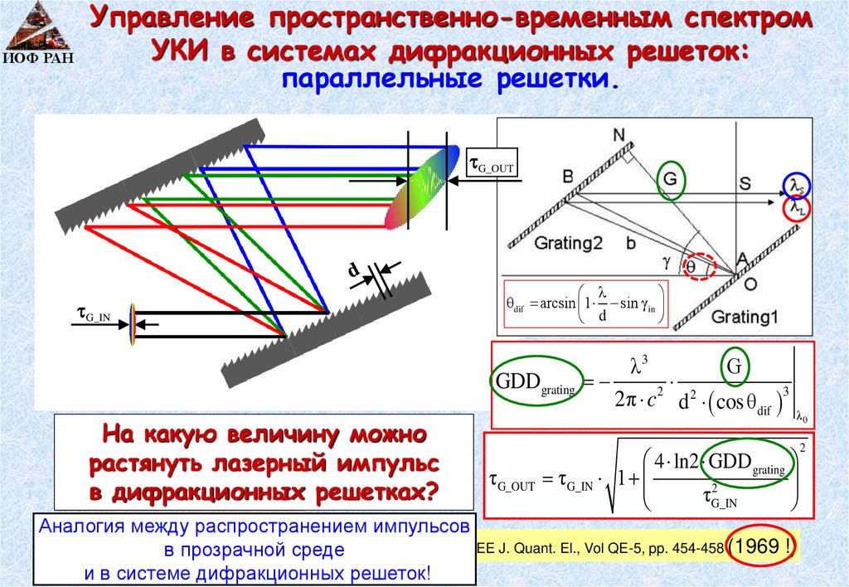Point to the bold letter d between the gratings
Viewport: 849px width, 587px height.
click(352, 270)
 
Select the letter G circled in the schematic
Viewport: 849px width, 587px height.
click(670, 179)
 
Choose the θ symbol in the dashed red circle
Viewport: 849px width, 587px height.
click(691, 267)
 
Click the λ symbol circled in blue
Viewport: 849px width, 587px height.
click(795, 184)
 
